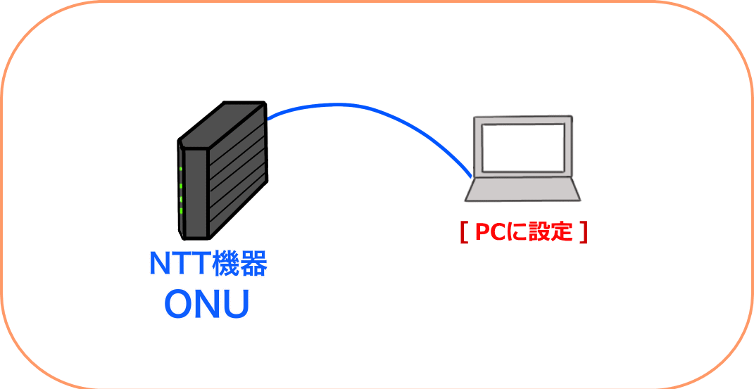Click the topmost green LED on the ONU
(x=181, y=169)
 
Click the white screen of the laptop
(x=523, y=148)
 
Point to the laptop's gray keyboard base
(x=522, y=189)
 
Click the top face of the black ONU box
(x=221, y=126)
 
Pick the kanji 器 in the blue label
(x=253, y=263)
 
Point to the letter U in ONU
(x=237, y=305)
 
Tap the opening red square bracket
(x=463, y=233)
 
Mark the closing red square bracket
(x=584, y=233)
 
